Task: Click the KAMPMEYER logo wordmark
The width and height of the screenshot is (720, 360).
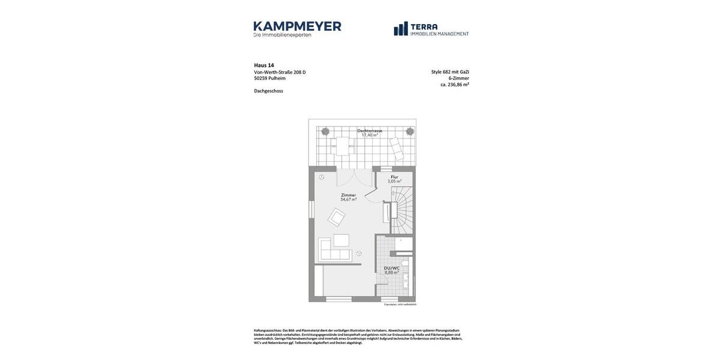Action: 297,26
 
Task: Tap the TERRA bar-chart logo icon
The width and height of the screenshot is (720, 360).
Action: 401,29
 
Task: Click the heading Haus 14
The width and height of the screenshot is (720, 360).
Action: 264,65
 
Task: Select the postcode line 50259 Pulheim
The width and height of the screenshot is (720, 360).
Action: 269,79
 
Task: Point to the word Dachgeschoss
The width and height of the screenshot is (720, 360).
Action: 268,91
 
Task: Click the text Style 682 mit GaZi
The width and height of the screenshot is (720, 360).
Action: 450,72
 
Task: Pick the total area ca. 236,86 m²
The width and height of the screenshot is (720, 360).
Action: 454,85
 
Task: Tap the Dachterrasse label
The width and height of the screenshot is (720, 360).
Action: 370,130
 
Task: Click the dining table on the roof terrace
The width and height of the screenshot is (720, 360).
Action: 343,146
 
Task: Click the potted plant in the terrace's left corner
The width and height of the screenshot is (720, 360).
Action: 325,131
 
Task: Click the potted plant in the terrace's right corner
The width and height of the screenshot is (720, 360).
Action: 410,131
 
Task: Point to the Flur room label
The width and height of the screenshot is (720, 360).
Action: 394,177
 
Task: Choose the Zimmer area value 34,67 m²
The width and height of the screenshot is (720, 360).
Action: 348,200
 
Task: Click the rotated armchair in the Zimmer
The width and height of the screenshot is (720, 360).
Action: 336,217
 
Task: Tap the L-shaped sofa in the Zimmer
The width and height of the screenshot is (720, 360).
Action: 334,251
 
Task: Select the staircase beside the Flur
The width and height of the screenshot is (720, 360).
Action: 402,210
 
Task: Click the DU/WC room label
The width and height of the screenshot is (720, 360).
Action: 391,268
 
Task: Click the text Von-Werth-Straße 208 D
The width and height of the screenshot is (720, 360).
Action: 280,72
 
